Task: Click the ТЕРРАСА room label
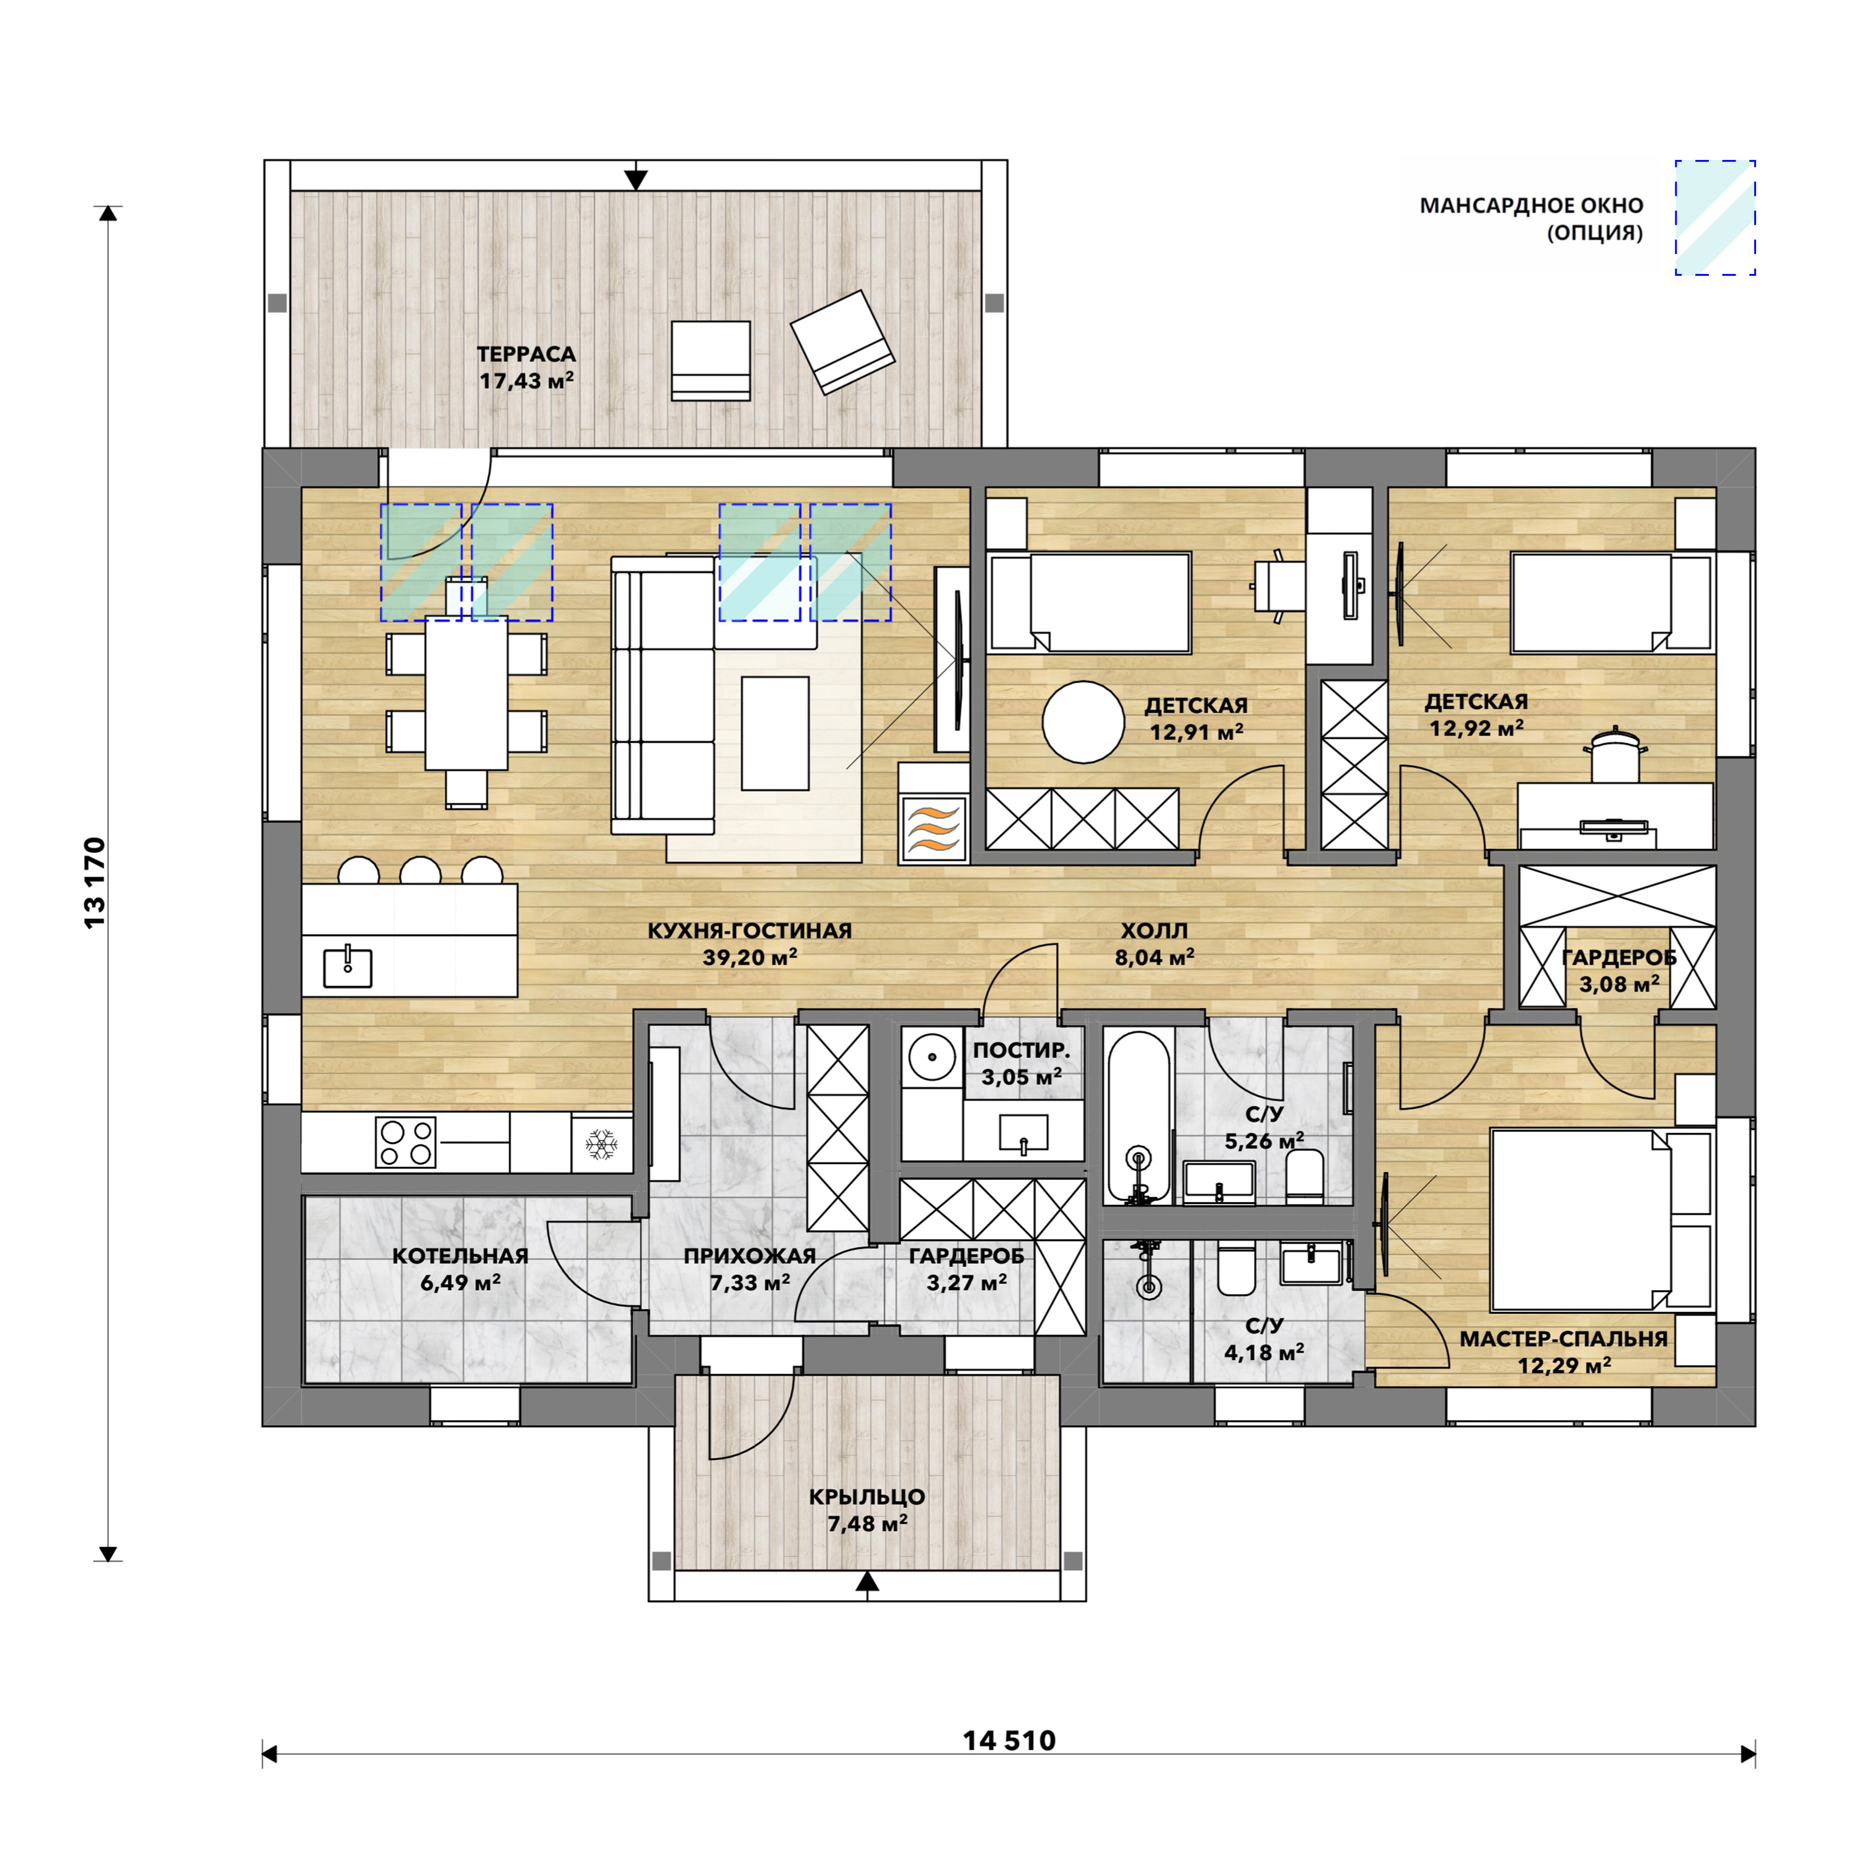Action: click(526, 354)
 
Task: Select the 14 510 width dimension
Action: click(1009, 1741)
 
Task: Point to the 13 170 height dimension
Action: click(94, 883)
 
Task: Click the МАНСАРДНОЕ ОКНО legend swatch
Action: click(1714, 218)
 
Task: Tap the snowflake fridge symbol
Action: click(601, 1144)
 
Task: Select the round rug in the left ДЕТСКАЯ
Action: click(1083, 722)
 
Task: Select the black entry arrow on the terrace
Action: click(635, 179)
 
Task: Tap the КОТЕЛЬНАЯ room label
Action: click(460, 1255)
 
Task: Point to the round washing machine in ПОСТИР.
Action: click(932, 1057)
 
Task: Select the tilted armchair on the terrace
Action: click(842, 341)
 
